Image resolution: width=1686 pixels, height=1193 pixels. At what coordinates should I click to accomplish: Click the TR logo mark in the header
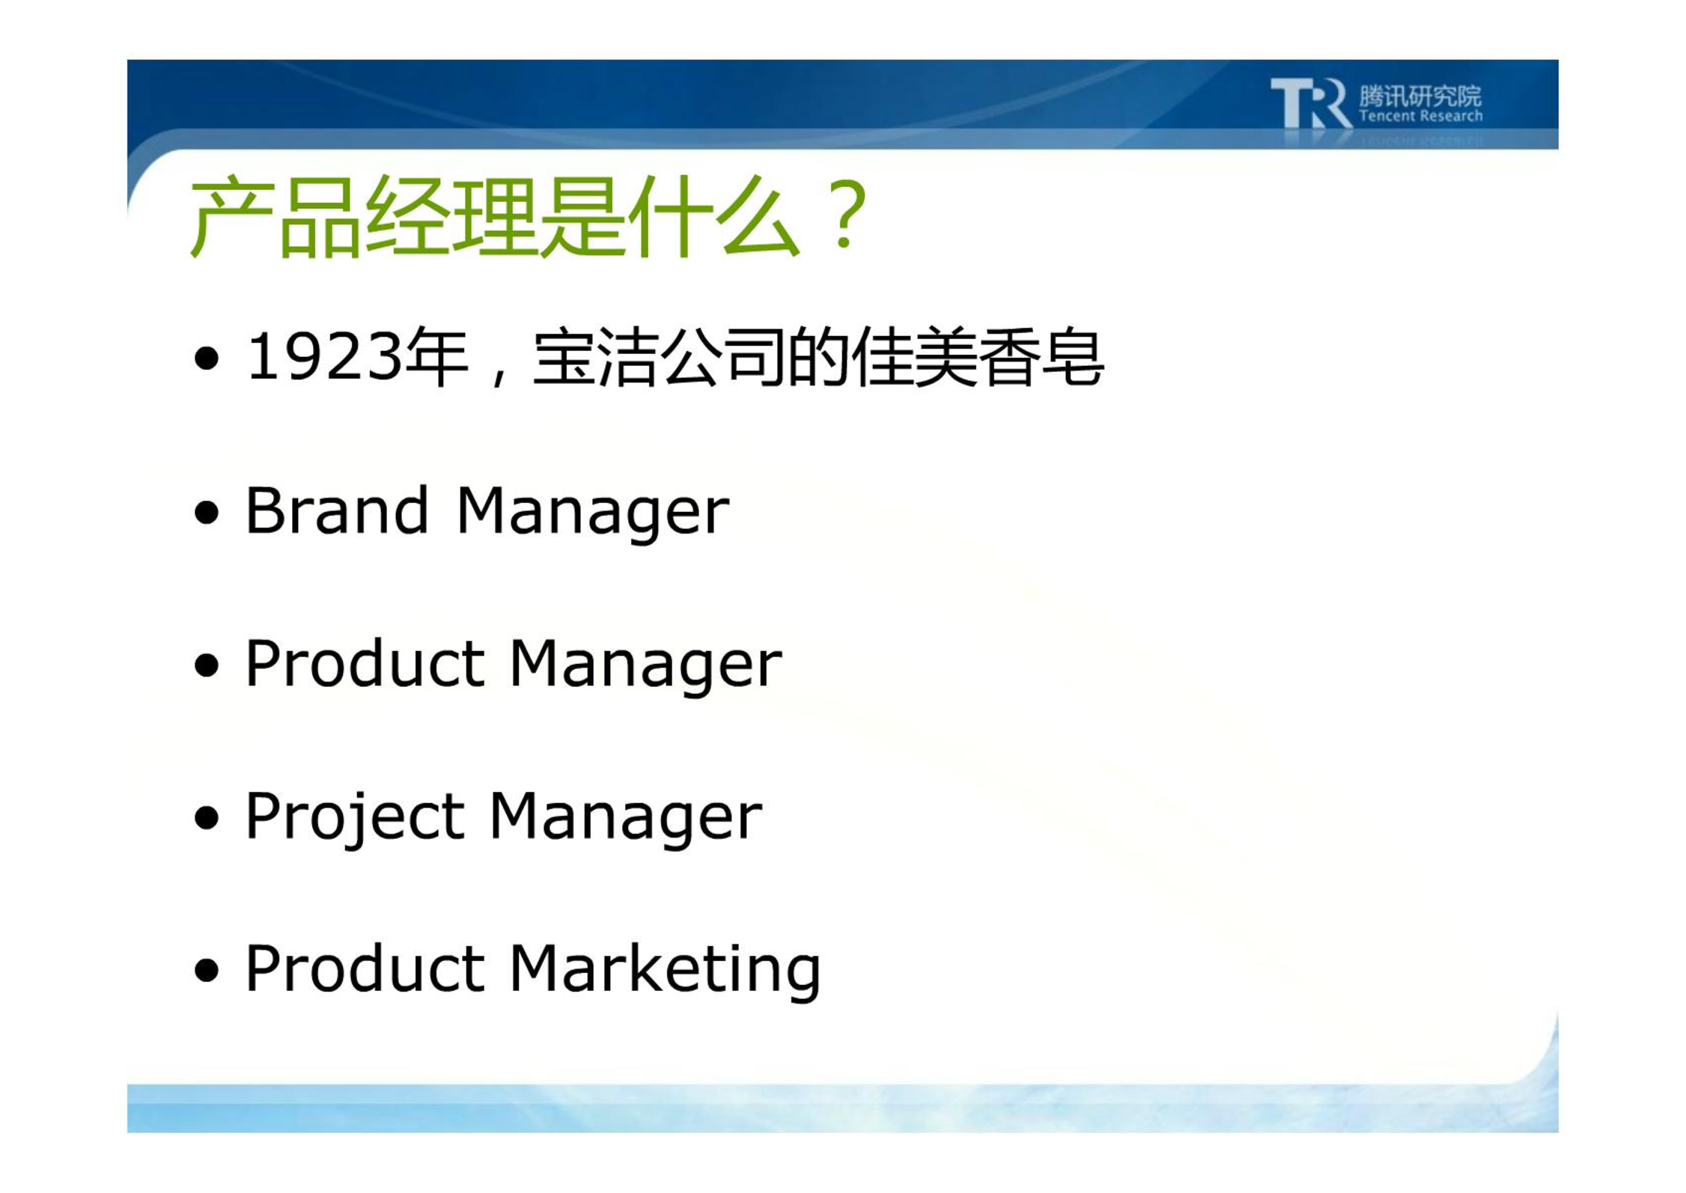coord(1310,103)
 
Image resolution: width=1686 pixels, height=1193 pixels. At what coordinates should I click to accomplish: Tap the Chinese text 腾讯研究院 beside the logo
coord(1420,96)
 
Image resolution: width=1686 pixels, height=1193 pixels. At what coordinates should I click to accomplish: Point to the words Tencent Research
coord(1420,116)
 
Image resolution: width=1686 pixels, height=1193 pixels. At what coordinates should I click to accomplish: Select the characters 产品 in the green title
coord(275,216)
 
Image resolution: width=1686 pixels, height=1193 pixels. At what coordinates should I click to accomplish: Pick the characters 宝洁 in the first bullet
coord(596,358)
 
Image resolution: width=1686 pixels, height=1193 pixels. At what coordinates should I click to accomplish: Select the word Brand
coord(337,510)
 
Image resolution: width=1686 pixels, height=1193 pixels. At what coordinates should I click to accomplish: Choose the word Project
coord(355,819)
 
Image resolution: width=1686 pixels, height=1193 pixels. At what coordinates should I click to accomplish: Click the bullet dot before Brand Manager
coord(207,513)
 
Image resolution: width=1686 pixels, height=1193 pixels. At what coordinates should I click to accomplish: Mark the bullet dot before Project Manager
coord(207,818)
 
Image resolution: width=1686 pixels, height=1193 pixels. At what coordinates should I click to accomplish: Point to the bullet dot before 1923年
coord(207,358)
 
